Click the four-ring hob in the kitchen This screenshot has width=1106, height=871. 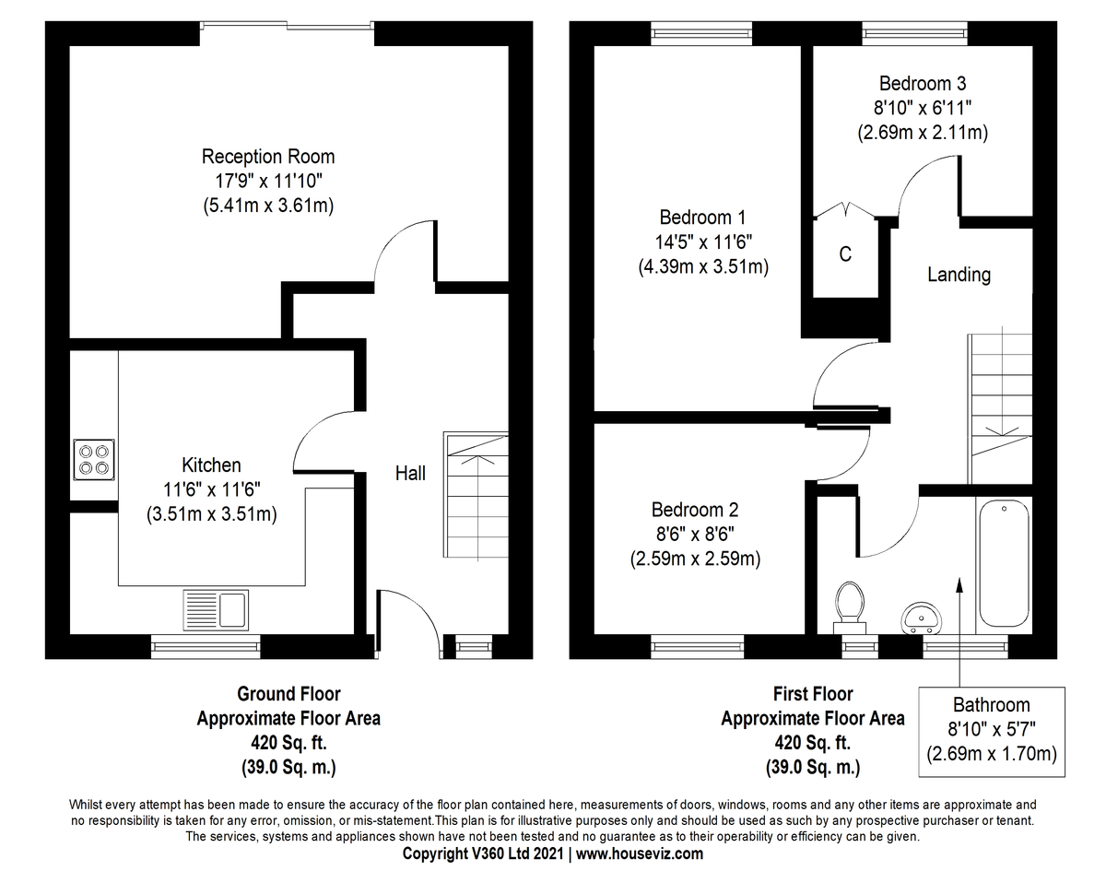point(92,459)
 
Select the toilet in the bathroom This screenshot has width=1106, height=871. point(850,605)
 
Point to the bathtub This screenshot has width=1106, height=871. point(1004,562)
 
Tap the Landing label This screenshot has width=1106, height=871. point(959,275)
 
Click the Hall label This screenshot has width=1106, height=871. point(410,473)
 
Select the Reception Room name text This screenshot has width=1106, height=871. point(268,156)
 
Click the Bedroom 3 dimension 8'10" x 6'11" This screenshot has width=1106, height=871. point(922,107)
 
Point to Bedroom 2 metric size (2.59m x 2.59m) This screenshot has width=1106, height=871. point(695,559)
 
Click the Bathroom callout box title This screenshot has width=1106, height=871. point(991,705)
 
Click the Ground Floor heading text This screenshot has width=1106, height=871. point(288,694)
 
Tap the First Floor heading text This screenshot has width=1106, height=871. point(812,694)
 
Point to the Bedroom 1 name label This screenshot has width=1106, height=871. point(702,218)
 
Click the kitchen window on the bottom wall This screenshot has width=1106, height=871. point(206,646)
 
